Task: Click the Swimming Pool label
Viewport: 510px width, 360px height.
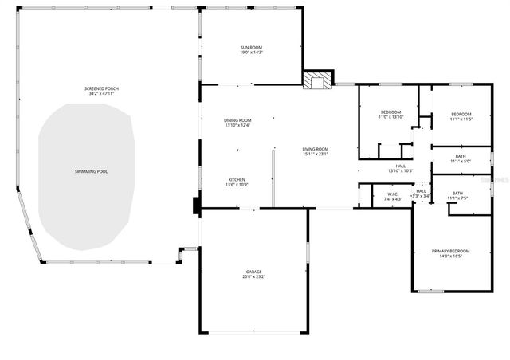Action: coord(85,172)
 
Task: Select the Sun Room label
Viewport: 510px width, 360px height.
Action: coord(252,48)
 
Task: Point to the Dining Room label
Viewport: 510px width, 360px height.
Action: coord(237,120)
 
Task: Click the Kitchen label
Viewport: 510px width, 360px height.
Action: coord(237,179)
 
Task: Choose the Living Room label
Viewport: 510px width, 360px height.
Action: coord(316,149)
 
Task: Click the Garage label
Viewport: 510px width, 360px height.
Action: coord(253,272)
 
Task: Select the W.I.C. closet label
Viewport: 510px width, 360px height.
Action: coord(393,194)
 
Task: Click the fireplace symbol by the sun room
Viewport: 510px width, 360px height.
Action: coord(317,80)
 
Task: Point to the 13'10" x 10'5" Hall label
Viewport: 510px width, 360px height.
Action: coord(400,166)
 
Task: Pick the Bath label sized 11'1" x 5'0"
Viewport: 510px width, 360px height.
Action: coord(461,156)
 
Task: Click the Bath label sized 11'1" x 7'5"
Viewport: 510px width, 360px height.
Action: coord(457,193)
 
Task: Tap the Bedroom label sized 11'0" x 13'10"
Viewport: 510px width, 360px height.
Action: coord(390,112)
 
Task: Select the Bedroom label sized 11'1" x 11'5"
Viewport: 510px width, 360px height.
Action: coord(461,114)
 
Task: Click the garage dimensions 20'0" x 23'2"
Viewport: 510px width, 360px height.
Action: coord(253,277)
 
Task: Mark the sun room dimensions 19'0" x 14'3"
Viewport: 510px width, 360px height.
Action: coord(252,53)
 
